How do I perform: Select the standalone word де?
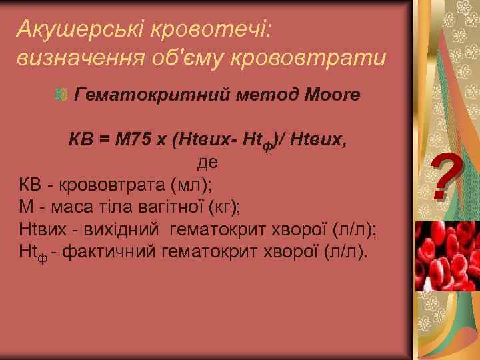coord(206,162)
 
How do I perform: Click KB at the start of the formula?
coord(83,141)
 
